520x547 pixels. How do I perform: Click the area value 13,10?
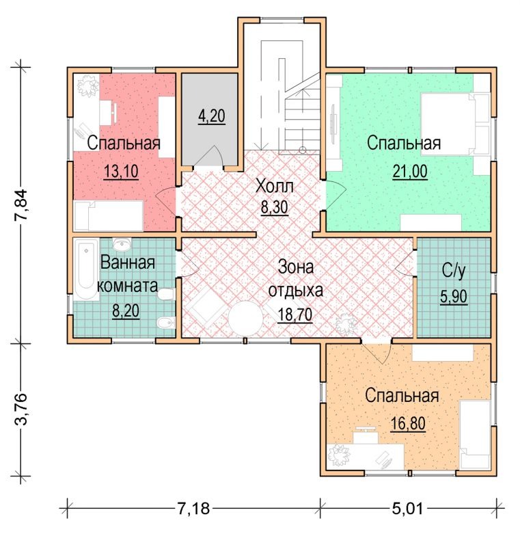(121, 172)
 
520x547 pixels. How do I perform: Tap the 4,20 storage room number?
(212, 116)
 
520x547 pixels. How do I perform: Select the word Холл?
(275, 186)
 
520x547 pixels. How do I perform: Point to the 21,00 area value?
(410, 172)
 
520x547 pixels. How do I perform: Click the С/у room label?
(454, 270)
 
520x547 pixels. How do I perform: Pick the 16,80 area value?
(408, 424)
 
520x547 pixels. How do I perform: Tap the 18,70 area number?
(295, 315)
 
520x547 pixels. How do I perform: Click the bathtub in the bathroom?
(86, 269)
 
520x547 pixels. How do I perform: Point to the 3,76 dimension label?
(20, 409)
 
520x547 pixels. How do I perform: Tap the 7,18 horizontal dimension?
(194, 509)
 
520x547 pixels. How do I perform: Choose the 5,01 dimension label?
(407, 509)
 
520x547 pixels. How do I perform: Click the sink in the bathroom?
(122, 243)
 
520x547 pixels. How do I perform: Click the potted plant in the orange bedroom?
(339, 455)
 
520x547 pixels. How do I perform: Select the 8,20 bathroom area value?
(126, 310)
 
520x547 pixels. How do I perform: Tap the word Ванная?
(128, 263)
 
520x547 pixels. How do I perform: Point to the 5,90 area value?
(454, 297)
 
